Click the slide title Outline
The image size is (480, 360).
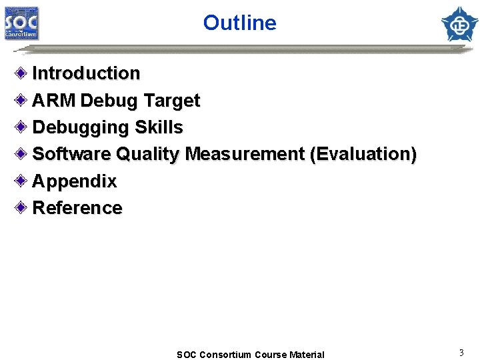[239, 23]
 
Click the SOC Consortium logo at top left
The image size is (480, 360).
[22, 23]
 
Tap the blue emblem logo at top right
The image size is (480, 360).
[459, 23]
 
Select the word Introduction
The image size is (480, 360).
[86, 73]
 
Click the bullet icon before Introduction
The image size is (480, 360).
[22, 73]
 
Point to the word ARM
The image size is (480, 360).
[55, 101]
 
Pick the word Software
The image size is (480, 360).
[71, 154]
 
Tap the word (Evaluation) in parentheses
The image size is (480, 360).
[363, 154]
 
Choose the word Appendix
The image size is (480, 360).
[74, 181]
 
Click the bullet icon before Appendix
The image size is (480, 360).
[22, 181]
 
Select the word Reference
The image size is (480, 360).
[77, 208]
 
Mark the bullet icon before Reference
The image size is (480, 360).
[22, 207]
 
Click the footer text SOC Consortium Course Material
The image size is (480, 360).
[250, 355]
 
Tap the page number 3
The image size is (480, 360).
[461, 351]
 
